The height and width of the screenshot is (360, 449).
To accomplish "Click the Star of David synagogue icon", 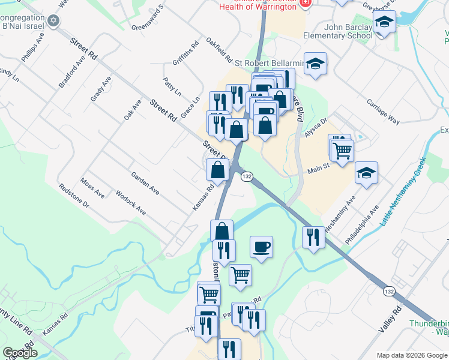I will pyautogui.click(x=53, y=22).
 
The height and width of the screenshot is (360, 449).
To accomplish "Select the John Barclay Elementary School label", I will pyautogui.click(x=348, y=31).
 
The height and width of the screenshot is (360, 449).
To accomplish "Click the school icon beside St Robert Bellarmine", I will pyautogui.click(x=315, y=64).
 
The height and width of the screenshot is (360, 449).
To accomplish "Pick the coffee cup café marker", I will pyautogui.click(x=261, y=246).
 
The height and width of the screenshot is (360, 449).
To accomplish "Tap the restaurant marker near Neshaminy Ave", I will pyautogui.click(x=313, y=237).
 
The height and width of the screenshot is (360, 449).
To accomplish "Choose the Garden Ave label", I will pyautogui.click(x=145, y=183).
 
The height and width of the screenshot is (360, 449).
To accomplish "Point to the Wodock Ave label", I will pyautogui.click(x=131, y=203).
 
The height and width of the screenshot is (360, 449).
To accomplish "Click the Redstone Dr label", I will pyautogui.click(x=74, y=196).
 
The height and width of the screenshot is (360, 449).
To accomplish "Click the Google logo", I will pyautogui.click(x=20, y=353).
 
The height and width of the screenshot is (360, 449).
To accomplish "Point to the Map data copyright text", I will pyautogui.click(x=411, y=355).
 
